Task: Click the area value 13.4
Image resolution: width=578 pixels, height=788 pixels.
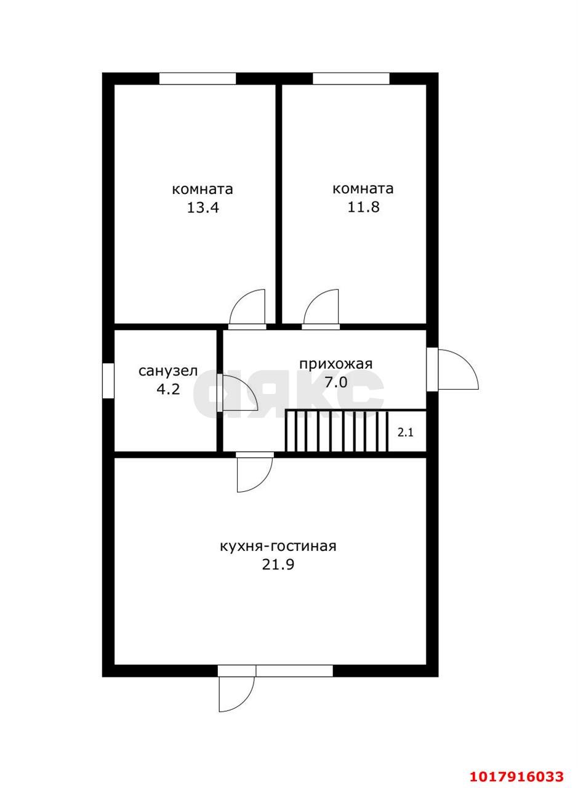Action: (x=203, y=207)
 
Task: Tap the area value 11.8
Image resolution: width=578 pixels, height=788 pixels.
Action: (x=363, y=207)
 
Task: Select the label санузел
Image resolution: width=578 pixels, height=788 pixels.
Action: (x=168, y=371)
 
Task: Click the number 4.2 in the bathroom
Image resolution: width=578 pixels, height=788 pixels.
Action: (x=169, y=390)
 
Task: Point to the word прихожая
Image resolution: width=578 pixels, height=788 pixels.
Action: (x=335, y=364)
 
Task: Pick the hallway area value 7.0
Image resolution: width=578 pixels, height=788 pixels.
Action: (x=336, y=382)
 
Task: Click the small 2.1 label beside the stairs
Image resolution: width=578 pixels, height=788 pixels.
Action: (x=405, y=433)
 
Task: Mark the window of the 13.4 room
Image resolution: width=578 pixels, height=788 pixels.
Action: (x=198, y=78)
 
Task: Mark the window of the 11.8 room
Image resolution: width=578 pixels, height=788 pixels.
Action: (x=351, y=78)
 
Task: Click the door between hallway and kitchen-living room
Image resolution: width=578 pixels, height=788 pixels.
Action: (x=255, y=473)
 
